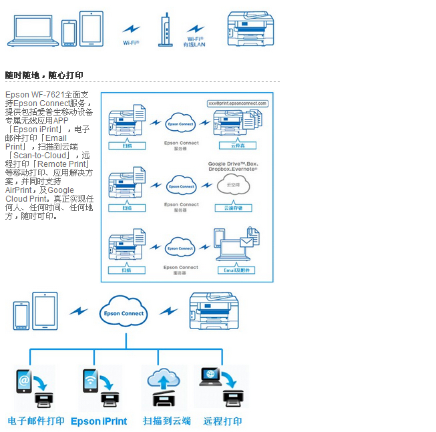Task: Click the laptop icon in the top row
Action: [x=33, y=31]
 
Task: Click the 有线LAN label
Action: [x=195, y=45]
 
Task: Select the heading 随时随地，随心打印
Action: [x=44, y=75]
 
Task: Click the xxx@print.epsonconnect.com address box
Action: [x=238, y=103]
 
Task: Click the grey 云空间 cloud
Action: [x=233, y=185]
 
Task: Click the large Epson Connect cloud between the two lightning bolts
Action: [x=124, y=312]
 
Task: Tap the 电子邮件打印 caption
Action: [x=36, y=421]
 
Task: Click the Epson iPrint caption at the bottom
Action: [x=99, y=421]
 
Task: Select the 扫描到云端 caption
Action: [x=166, y=421]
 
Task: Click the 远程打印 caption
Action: [x=223, y=421]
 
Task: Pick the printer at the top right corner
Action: [x=250, y=29]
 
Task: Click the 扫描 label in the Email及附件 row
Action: [x=127, y=270]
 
